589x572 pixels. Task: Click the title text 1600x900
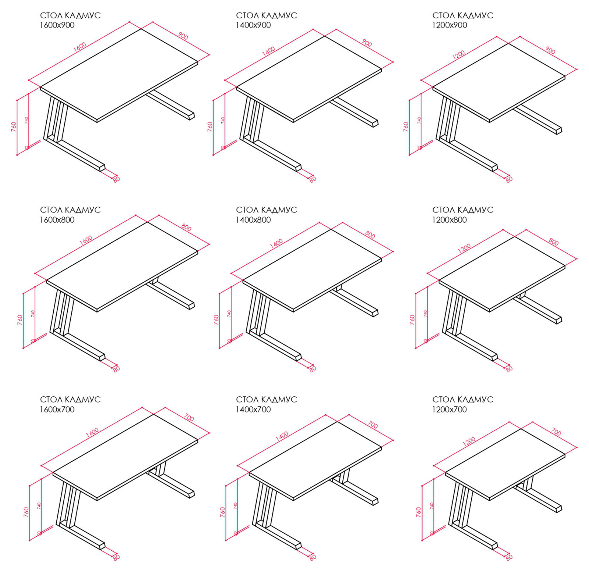(57, 25)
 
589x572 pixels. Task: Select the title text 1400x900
(253, 25)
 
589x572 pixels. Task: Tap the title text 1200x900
(449, 25)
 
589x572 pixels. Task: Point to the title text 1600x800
(57, 220)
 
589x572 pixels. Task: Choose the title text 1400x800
(253, 220)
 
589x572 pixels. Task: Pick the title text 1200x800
(449, 220)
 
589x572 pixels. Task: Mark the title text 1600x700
(57, 409)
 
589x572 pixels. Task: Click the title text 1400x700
(253, 409)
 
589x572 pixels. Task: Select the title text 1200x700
(449, 409)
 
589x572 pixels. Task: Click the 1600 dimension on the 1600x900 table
(80, 47)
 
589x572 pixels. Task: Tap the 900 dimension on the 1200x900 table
(550, 50)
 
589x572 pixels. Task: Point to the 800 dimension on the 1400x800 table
(370, 235)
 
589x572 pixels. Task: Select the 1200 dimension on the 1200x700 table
(469, 441)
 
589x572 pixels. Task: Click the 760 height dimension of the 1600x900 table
(14, 127)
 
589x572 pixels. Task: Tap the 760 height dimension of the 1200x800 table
(412, 319)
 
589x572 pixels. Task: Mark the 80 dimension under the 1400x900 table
(313, 179)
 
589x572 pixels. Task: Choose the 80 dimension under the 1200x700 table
(509, 557)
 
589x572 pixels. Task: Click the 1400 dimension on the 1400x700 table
(282, 436)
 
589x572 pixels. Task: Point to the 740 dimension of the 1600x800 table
(33, 314)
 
